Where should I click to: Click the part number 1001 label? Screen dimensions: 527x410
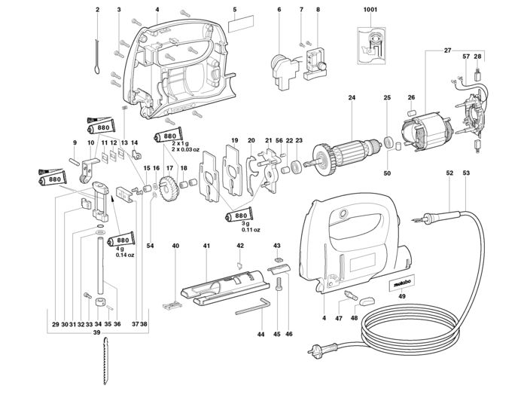(x=370, y=9)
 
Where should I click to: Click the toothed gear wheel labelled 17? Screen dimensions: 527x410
(x=169, y=189)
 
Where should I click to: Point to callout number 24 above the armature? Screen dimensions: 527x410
(x=352, y=97)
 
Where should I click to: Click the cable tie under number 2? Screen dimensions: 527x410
(x=97, y=57)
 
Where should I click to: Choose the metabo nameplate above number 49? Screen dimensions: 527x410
(x=402, y=283)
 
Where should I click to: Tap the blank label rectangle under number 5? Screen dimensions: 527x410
(x=241, y=23)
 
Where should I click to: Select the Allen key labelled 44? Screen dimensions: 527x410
(x=253, y=307)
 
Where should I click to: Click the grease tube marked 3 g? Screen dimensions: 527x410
(x=239, y=216)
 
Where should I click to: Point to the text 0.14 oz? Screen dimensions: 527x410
(x=125, y=255)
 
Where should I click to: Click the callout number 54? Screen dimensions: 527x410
(x=151, y=246)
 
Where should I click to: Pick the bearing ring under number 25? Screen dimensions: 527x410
(x=388, y=142)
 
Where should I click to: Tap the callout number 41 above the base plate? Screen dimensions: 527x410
(x=206, y=246)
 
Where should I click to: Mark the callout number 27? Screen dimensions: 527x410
(x=447, y=50)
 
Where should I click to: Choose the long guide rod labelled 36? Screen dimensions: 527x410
(x=100, y=266)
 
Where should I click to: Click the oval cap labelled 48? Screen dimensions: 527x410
(x=367, y=301)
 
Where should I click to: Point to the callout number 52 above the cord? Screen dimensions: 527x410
(x=449, y=173)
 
